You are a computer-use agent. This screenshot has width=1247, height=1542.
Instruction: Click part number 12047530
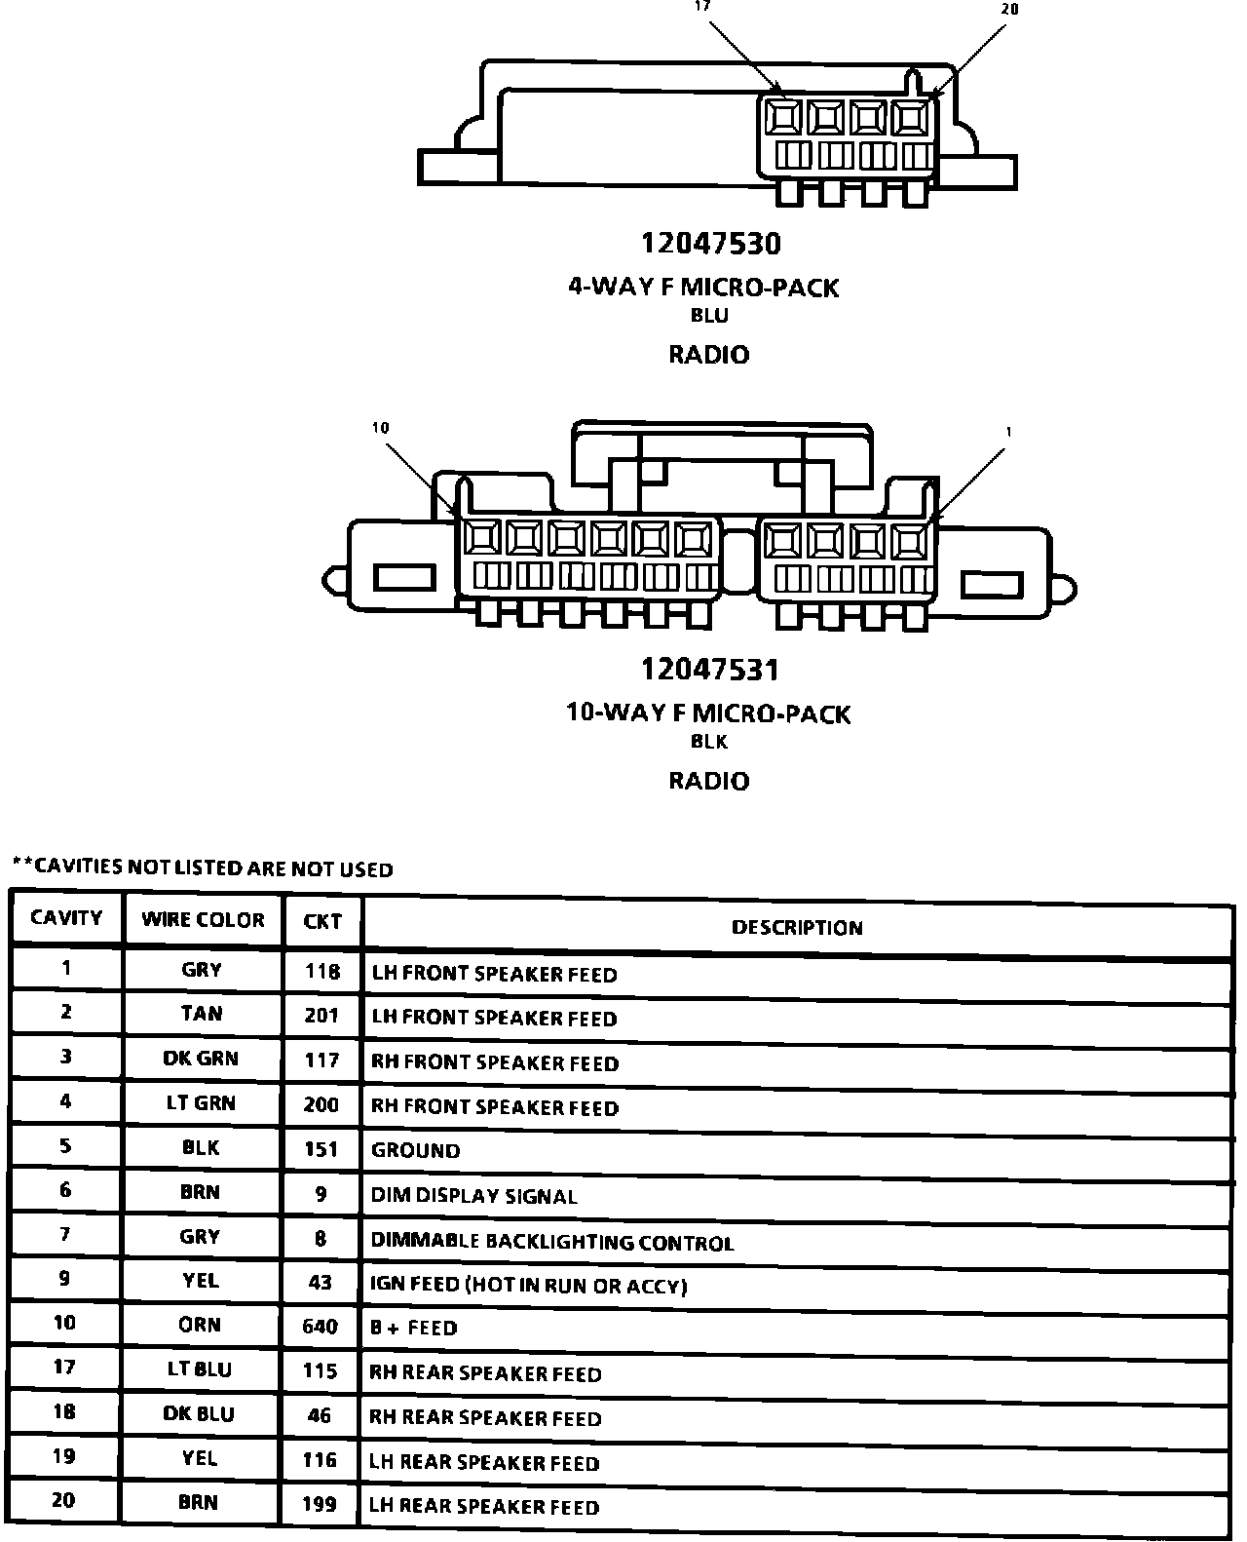[710, 244]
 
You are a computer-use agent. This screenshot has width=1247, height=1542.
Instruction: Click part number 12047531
[710, 670]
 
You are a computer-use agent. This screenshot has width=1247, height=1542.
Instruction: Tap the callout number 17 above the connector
[702, 6]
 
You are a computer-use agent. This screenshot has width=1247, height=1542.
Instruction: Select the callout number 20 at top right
[1009, 9]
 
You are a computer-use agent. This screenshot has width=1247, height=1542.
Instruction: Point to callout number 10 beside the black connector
[380, 428]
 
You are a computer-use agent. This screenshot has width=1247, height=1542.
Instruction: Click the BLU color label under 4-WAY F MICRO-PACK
[709, 316]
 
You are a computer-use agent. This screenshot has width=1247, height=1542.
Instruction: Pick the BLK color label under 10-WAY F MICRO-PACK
[709, 742]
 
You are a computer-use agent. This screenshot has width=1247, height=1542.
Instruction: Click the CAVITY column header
[66, 918]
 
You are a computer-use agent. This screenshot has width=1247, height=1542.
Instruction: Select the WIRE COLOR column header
[203, 920]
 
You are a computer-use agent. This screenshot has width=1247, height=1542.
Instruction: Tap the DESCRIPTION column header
[797, 928]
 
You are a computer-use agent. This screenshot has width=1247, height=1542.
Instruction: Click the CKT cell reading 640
[321, 1327]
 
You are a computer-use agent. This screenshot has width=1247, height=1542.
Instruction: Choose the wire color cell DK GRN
[201, 1059]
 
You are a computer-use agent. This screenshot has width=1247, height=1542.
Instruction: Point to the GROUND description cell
[415, 1151]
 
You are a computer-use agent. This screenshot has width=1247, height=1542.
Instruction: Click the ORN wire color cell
[200, 1326]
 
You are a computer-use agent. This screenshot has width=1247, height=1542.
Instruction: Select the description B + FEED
[413, 1329]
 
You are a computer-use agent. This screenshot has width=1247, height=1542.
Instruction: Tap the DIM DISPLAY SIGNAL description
[473, 1196]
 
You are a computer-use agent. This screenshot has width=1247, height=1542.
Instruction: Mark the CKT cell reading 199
[320, 1505]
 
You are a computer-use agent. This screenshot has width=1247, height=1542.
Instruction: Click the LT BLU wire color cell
[199, 1370]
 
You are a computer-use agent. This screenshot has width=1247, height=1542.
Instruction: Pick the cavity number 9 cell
[64, 1278]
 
